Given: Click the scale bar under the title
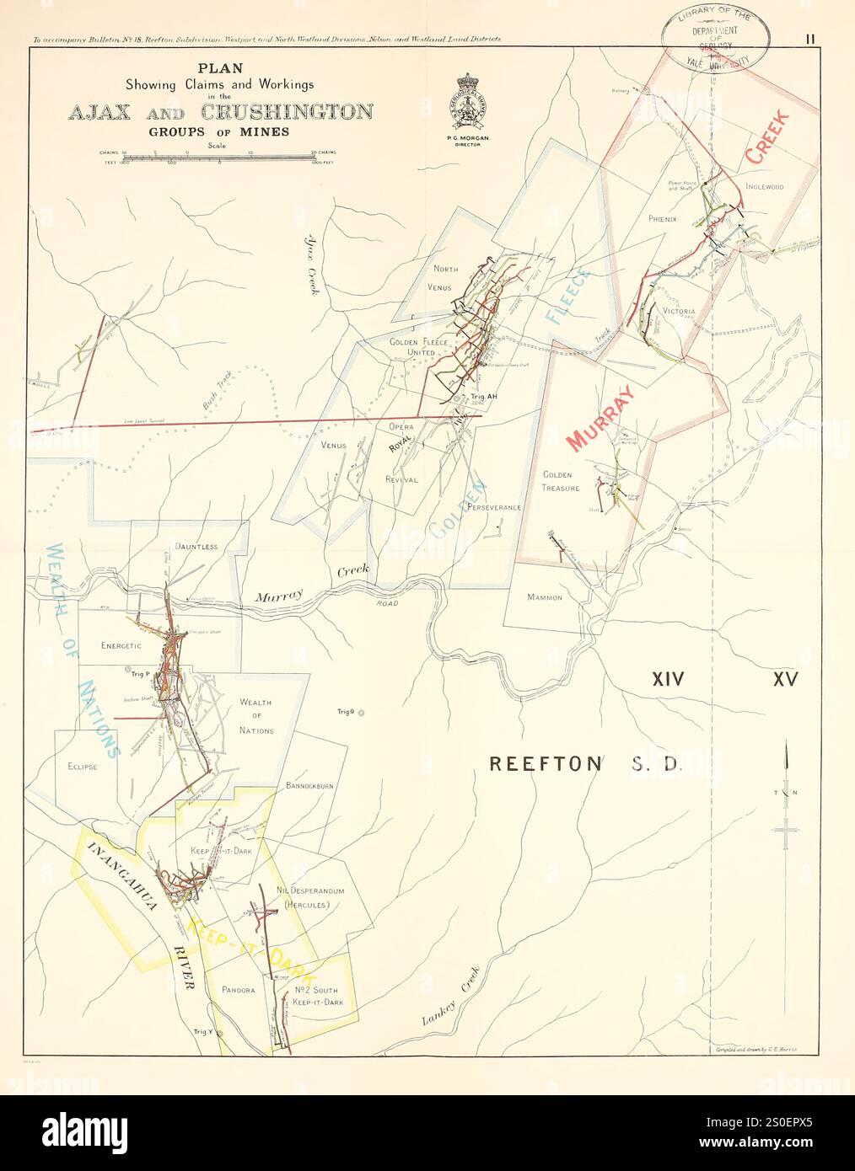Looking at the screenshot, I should pos(218,156).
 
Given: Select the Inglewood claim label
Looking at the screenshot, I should pos(764,187).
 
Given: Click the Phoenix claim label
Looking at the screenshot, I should pos(663,218).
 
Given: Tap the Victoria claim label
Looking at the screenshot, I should pos(679,311).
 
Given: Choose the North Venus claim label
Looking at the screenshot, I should pos(445,278).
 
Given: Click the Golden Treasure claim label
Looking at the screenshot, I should pos(561,481).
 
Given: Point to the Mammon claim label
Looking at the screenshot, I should pos(544,597).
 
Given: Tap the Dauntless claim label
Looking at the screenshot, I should pos(196,546).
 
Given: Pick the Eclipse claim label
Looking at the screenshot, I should pos(83,767).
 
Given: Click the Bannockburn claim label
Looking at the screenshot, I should pos(309,785).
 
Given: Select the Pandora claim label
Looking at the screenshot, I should pos(238,990).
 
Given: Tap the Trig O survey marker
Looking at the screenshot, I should pos(361,713).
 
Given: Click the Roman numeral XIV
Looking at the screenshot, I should pos(667,679).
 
